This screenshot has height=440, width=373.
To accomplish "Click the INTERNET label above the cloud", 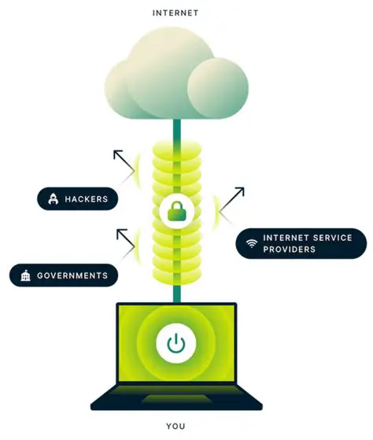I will click(x=175, y=13).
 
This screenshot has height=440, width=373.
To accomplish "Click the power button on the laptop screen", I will click(x=175, y=343).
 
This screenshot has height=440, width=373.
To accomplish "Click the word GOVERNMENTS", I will click(x=72, y=276).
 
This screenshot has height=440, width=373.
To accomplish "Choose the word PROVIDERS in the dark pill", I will click(x=290, y=250).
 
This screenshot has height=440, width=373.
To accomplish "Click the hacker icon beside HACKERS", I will click(x=53, y=199).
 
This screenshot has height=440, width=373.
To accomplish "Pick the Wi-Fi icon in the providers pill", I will click(x=251, y=243).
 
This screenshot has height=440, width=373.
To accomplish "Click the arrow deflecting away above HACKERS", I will click(x=124, y=163).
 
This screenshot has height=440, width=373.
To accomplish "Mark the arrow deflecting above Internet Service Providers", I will click(x=232, y=200).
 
